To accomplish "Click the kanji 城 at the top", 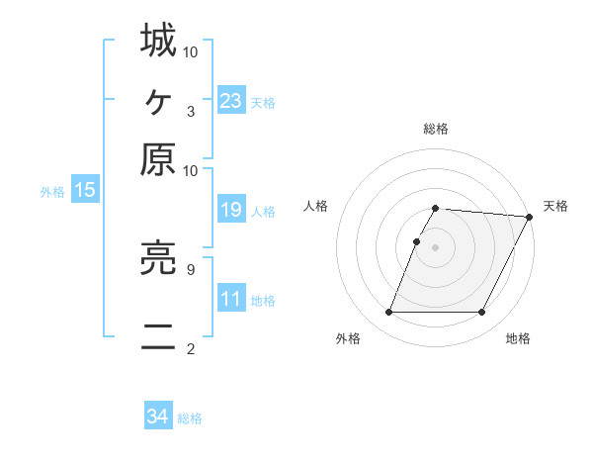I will click(x=158, y=41).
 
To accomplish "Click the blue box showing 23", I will click(x=231, y=101).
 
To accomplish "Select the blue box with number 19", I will click(x=231, y=210).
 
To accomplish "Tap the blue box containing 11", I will click(x=231, y=300).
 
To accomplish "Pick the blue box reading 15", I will click(x=84, y=191).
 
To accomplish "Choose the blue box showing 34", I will click(x=158, y=417).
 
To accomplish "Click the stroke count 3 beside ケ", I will click(x=191, y=111).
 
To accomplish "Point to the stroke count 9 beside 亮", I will click(x=191, y=268).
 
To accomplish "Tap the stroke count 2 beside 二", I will click(x=191, y=348).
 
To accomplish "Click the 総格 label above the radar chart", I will click(x=436, y=129).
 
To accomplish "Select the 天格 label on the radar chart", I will click(x=555, y=206).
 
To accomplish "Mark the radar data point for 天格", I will click(x=529, y=217).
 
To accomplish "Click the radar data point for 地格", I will click(x=482, y=313).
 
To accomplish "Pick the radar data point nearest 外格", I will click(x=388, y=313).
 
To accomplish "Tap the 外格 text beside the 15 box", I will click(x=52, y=192).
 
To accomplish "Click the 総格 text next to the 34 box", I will click(x=190, y=418).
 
